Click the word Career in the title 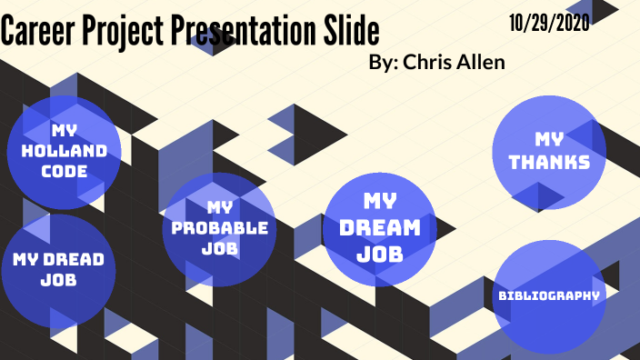click(37, 32)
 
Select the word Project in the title click(120, 32)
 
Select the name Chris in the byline click(433, 62)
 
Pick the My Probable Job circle click(218, 229)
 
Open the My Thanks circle click(549, 152)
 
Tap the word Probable click(219, 227)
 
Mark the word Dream click(380, 227)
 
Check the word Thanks click(549, 163)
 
